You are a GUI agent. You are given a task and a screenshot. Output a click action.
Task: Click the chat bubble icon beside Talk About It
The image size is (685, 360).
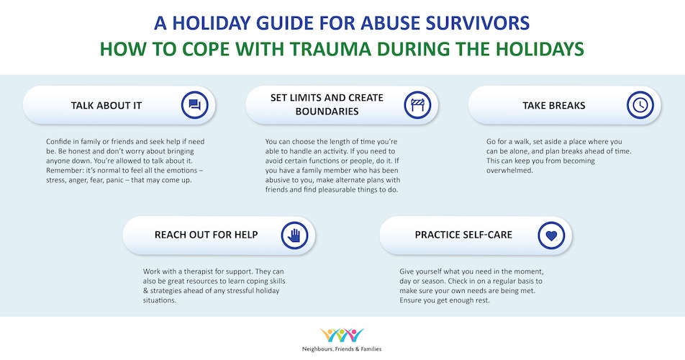click(194, 105)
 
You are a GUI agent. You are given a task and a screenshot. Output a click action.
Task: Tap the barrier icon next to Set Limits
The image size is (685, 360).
click(417, 105)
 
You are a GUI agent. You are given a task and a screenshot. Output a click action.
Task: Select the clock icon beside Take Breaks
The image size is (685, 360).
click(640, 105)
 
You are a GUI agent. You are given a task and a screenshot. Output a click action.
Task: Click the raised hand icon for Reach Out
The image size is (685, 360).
click(294, 235)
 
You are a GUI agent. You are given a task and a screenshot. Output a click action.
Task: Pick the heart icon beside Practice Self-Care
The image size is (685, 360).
click(551, 235)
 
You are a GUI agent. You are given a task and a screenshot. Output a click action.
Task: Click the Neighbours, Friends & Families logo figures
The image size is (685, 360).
click(342, 335)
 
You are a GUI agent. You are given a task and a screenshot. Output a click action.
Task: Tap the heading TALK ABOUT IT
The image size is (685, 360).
click(106, 106)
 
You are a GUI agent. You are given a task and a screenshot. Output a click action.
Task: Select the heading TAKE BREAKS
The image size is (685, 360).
click(554, 106)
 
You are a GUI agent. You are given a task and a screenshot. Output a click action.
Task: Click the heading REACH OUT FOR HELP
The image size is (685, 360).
click(207, 235)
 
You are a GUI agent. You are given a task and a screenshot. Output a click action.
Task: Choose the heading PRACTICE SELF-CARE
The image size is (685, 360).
click(463, 235)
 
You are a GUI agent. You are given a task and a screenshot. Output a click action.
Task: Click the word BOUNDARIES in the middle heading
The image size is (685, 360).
click(327, 112)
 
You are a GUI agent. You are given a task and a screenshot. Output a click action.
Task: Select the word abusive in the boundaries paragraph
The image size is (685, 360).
click(276, 180)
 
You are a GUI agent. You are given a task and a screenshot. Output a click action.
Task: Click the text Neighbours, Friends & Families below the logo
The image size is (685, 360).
click(342, 349)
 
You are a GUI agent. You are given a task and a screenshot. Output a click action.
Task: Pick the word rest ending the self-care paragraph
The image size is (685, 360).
click(482, 300)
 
